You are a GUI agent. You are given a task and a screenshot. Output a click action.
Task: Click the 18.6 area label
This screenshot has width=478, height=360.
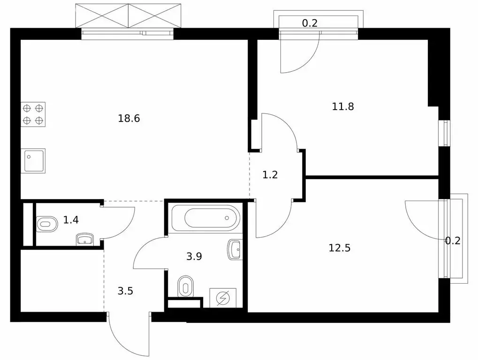click(129, 118)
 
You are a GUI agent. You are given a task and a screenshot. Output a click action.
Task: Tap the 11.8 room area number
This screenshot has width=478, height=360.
click(343, 106)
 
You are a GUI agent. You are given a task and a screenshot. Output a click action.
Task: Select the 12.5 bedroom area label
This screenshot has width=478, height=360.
click(340, 248)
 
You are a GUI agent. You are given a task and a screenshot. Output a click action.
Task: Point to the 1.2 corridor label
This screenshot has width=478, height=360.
click(270, 175)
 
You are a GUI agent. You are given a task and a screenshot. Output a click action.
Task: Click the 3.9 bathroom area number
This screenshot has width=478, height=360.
click(194, 256)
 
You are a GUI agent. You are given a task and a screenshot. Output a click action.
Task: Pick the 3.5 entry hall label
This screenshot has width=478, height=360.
click(125, 291)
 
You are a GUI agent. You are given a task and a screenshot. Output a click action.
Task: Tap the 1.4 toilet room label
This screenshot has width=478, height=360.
click(71, 219)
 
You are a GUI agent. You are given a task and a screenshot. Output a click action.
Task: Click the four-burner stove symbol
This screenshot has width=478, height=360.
click(33, 114)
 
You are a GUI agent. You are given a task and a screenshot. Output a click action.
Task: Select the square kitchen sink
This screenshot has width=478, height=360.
click(33, 161)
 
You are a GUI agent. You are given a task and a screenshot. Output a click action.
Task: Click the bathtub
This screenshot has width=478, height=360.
click(206, 218)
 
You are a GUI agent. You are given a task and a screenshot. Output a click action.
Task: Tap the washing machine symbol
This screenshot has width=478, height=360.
click(223, 298)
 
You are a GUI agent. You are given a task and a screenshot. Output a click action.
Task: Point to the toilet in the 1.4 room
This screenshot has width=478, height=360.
click(47, 224)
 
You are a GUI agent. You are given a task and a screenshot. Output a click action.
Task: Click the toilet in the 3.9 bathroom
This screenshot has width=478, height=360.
click(186, 286)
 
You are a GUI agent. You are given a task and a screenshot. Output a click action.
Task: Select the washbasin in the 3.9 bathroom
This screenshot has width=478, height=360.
click(235, 249)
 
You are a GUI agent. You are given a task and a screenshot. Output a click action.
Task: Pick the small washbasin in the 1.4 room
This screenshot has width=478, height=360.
click(85, 240)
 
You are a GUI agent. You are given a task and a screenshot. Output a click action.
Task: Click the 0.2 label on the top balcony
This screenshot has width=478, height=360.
click(310, 23)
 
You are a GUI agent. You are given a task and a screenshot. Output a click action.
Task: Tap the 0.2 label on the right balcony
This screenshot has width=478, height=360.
click(453, 241)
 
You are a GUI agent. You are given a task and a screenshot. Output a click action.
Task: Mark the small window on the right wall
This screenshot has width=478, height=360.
click(444, 133)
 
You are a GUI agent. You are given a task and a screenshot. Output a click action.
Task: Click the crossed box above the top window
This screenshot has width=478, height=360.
click(129, 16)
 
